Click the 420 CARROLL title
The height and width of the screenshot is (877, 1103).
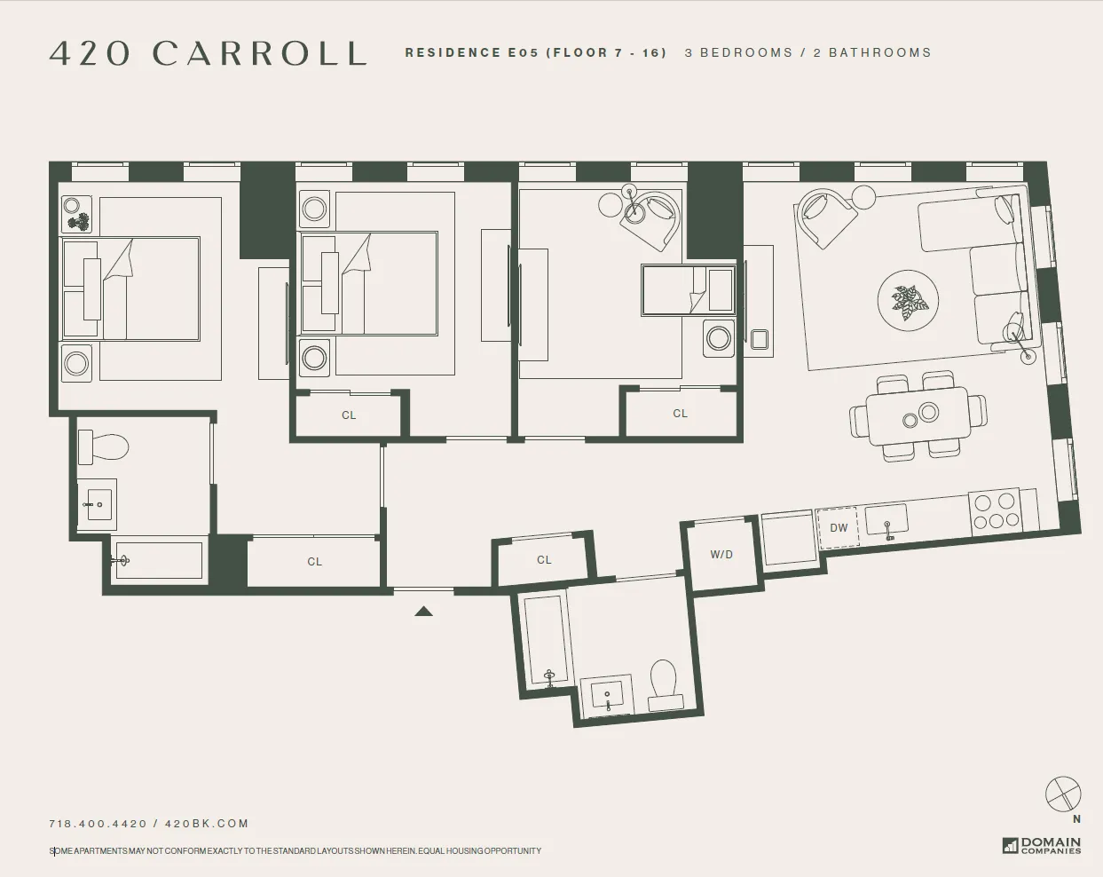pos(208,53)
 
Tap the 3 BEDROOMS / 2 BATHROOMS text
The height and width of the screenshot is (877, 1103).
pos(808,53)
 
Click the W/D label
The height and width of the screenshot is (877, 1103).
pos(721,555)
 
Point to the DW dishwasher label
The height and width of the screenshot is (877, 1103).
pos(839,528)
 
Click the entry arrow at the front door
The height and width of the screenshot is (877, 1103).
pos(424,611)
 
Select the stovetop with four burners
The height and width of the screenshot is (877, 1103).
pos(994,511)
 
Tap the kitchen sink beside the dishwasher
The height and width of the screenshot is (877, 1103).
pos(886,519)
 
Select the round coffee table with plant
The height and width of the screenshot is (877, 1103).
pos(908,301)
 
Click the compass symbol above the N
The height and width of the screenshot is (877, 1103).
pos(1063,794)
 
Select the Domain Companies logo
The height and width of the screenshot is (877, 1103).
pos(1042,845)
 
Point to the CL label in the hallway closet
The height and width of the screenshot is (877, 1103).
pos(314,562)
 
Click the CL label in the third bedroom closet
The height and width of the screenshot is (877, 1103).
pos(680,414)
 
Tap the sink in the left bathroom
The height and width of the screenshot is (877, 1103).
pos(97,505)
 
